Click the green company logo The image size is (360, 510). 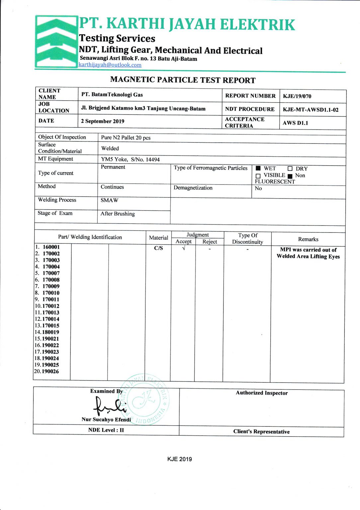(56, 42)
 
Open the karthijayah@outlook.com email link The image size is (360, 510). (110, 65)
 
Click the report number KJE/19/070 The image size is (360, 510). (297, 96)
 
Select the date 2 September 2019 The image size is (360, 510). (103, 121)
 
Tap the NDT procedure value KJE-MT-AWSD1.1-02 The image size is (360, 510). (311, 110)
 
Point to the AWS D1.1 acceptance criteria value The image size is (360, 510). (295, 123)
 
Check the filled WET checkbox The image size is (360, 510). (258, 168)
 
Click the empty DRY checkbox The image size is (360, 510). (290, 169)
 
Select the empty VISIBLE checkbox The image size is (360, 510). (258, 176)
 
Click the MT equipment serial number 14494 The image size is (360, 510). (153, 160)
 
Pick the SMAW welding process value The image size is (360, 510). (109, 200)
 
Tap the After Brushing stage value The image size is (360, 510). (118, 213)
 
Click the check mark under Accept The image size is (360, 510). (184, 248)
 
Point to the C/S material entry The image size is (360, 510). (158, 248)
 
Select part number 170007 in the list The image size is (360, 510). (51, 273)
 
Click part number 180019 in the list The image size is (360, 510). (50, 332)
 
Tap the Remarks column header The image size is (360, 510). (308, 239)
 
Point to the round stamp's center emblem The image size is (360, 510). (144, 400)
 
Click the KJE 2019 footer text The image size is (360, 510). (179, 459)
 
